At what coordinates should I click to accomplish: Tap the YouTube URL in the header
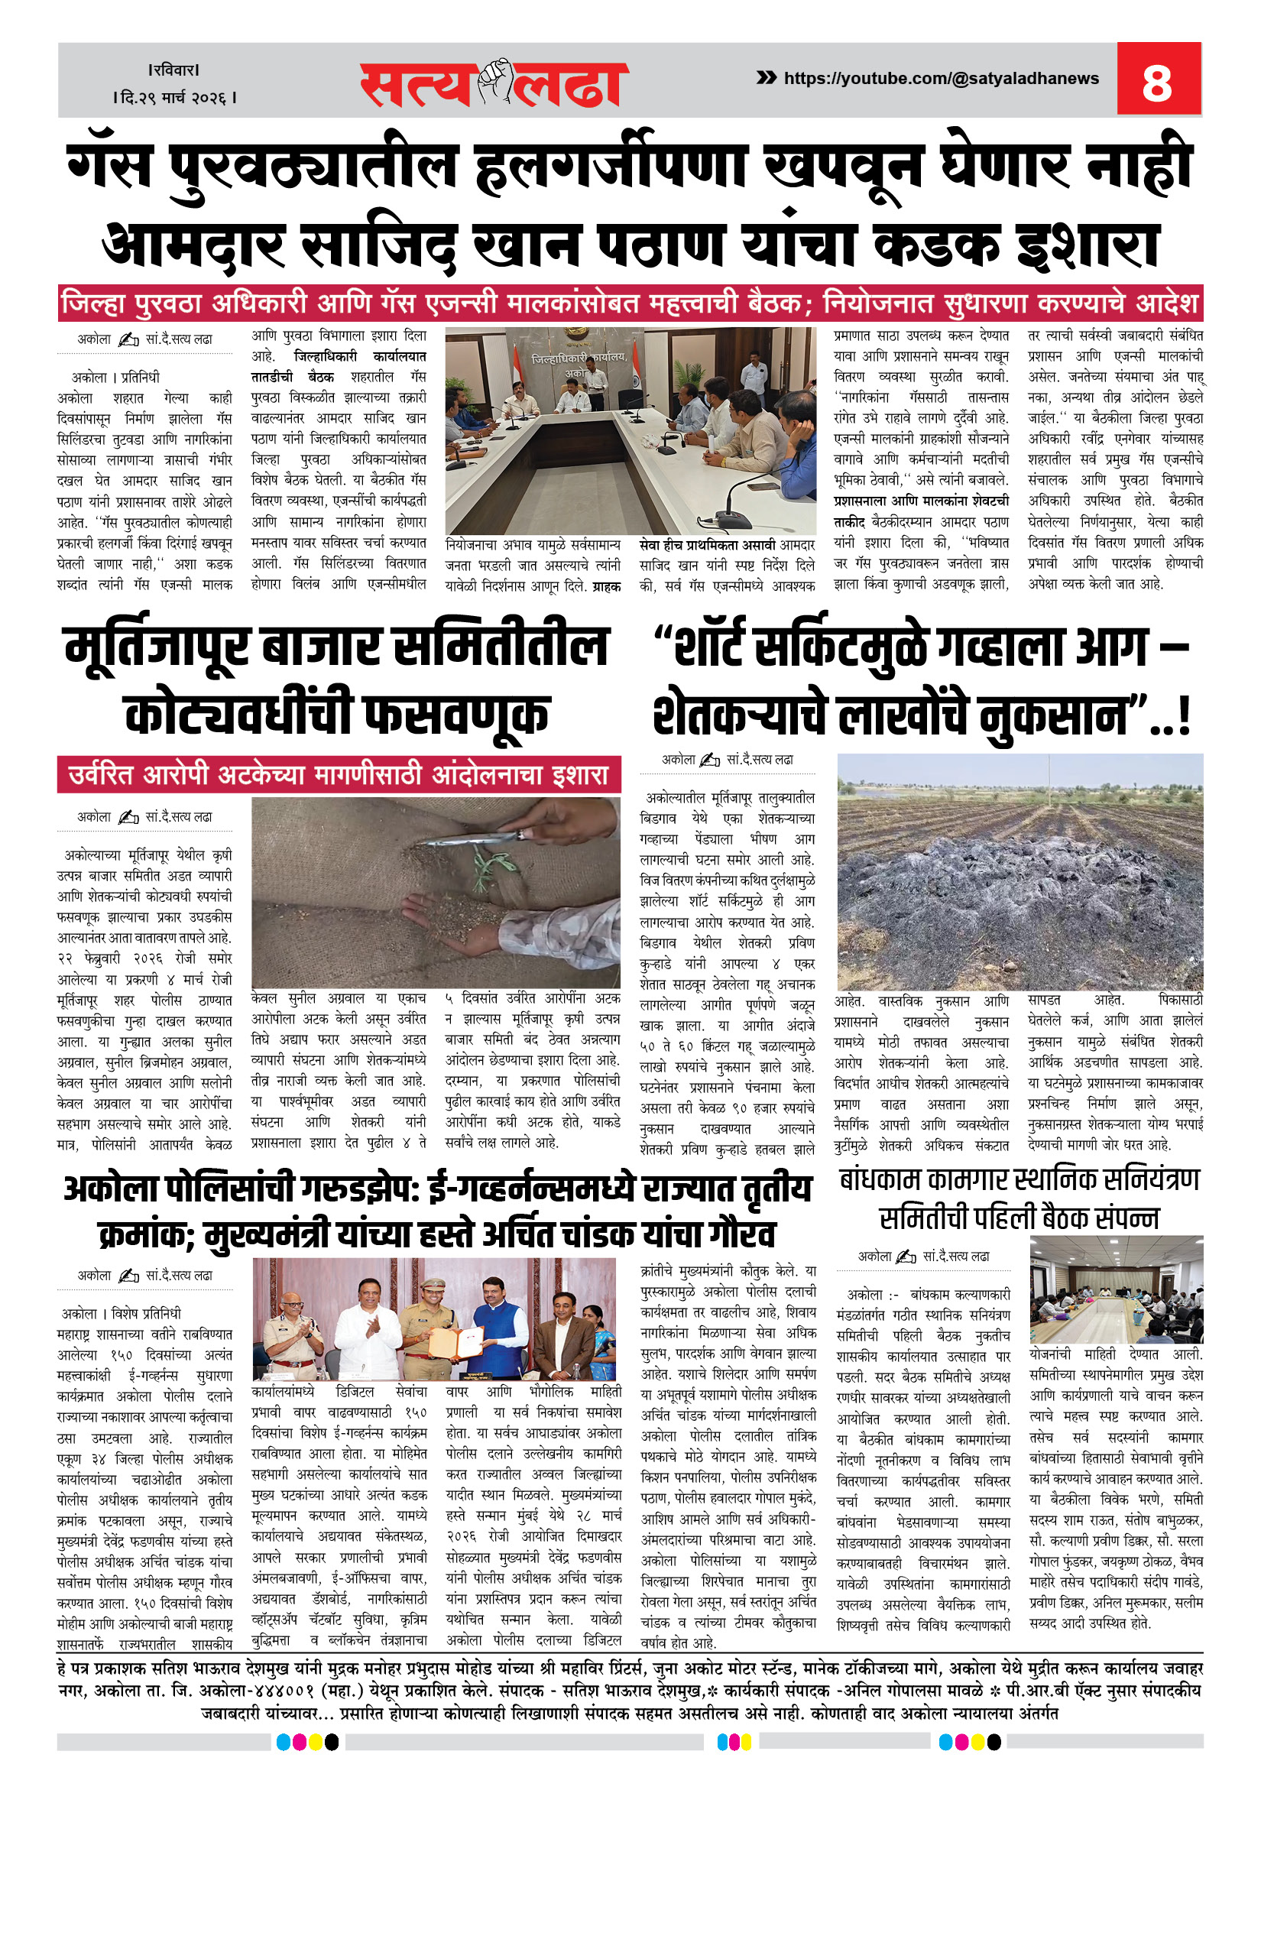(941, 79)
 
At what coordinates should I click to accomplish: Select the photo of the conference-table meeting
(630, 431)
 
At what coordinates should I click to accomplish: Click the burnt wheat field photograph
(1019, 871)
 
